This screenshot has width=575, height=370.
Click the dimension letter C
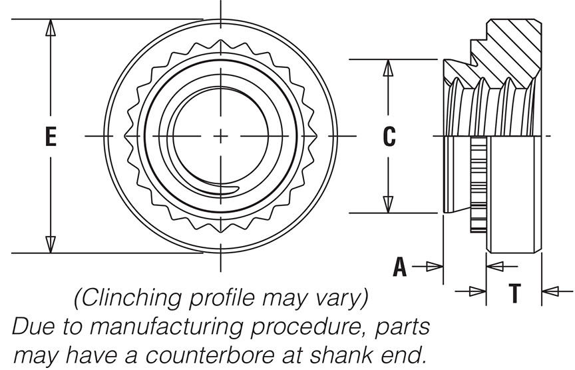(389, 137)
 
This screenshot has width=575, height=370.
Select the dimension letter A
(399, 267)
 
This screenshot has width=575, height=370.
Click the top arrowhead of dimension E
(50, 27)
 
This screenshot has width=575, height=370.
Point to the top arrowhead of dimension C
(389, 67)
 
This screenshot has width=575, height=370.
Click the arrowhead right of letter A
(434, 267)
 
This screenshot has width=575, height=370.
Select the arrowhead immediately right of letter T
(550, 291)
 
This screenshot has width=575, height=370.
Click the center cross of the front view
(220, 136)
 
